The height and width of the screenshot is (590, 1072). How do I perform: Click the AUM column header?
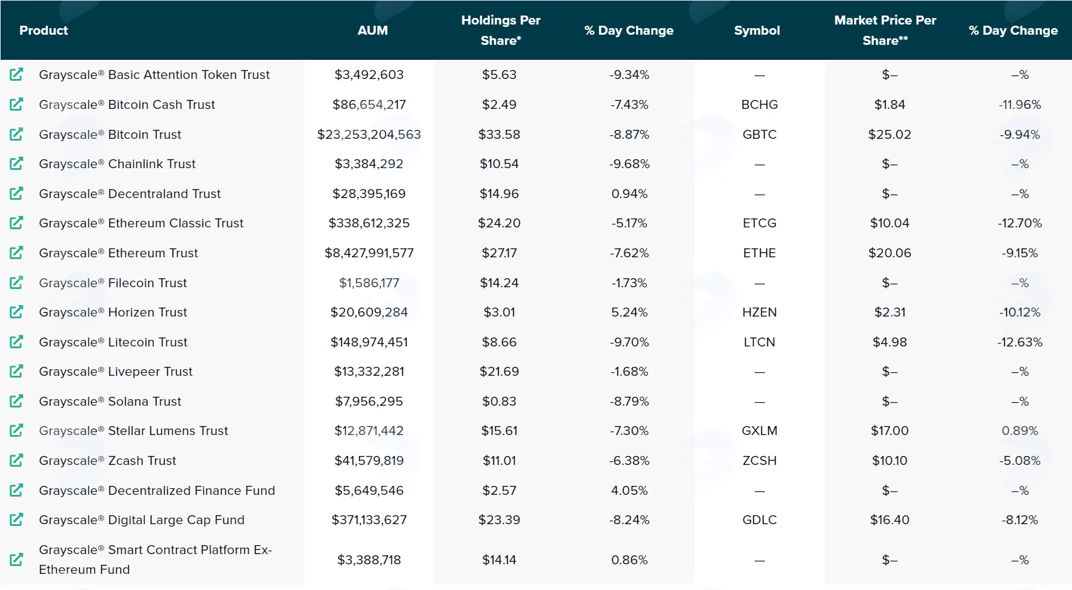[x=373, y=31]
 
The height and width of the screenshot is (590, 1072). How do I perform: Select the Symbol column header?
[x=757, y=31]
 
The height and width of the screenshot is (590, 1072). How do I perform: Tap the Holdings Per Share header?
[x=501, y=31]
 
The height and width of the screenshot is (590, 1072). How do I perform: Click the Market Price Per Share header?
[x=885, y=31]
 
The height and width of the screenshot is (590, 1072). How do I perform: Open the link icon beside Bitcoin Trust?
[x=17, y=134]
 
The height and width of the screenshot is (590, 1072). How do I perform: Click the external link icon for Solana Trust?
[x=17, y=401]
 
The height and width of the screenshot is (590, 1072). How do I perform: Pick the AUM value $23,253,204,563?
[x=369, y=135]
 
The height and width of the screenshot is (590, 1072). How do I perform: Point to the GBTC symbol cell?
[x=759, y=135]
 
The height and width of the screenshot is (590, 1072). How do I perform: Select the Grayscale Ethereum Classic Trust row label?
[x=141, y=223]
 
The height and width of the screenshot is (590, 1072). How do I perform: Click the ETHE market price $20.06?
[x=890, y=253]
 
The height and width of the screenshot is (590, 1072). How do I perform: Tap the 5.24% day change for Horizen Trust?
[x=629, y=312]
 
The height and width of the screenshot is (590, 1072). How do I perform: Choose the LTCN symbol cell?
[x=759, y=342]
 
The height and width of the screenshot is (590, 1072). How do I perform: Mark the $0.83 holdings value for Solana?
[x=499, y=402]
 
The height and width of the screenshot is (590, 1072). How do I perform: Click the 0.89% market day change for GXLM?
[x=1020, y=431]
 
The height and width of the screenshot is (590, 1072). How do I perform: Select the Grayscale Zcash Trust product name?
[x=108, y=461]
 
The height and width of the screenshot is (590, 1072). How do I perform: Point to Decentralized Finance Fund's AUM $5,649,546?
[x=369, y=491]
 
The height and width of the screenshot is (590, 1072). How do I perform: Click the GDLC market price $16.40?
[x=890, y=520]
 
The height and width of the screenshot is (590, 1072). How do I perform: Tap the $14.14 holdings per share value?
[x=499, y=560]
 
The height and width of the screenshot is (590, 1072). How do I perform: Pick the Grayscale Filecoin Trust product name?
[x=113, y=283]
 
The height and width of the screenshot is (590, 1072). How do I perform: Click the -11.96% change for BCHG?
[x=1020, y=105]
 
